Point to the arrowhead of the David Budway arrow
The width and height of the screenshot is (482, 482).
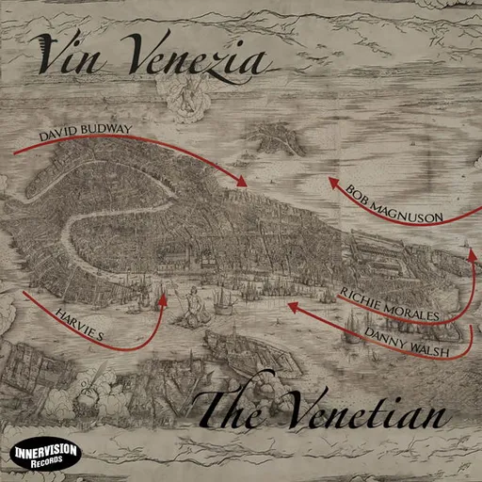tap(244, 181)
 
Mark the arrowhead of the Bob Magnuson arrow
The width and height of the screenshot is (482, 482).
tap(333, 185)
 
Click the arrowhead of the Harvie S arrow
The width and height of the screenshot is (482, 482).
tap(163, 300)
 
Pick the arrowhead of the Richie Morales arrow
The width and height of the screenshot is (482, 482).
tap(470, 251)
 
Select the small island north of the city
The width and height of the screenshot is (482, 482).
tap(279, 141)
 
